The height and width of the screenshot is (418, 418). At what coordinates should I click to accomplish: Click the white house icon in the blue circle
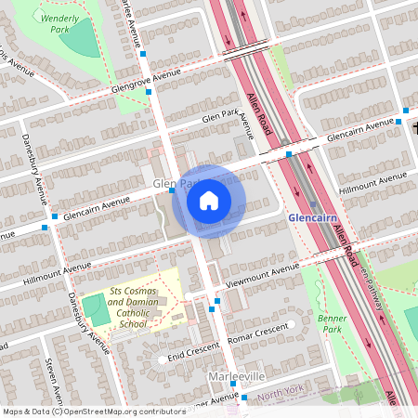point(209,200)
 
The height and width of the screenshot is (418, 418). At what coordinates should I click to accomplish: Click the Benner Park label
point(332,322)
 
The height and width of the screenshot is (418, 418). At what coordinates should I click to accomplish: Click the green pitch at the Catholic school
point(94,308)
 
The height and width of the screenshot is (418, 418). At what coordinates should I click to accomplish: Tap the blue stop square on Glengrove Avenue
point(143,56)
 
